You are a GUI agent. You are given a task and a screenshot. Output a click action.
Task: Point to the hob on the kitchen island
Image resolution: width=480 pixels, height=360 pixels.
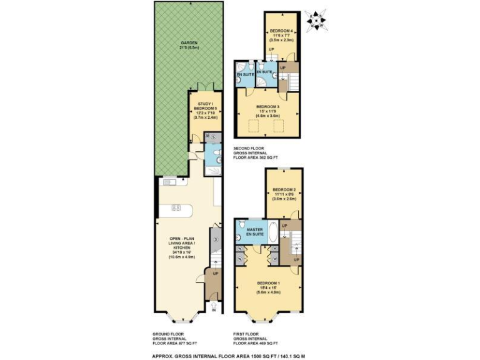(176, 207)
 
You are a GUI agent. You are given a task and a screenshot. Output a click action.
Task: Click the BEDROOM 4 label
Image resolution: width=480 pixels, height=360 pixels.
(283, 31)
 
